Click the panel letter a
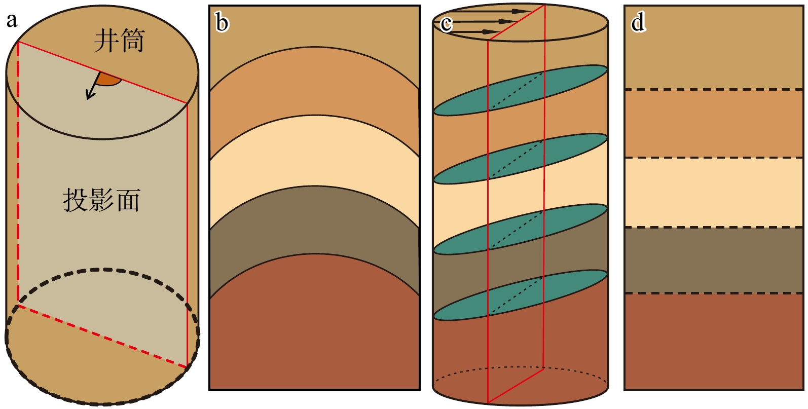pyautogui.click(x=11, y=21)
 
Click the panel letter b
pyautogui.click(x=222, y=23)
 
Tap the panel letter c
pyautogui.click(x=446, y=23)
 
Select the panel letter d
pyautogui.click(x=638, y=22)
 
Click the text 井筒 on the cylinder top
pyautogui.click(x=119, y=41)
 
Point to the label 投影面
pyautogui.click(x=101, y=200)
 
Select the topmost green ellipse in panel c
pyautogui.click(x=520, y=90)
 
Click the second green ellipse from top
pyautogui.click(x=520, y=159)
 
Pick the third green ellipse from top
pyautogui.click(x=520, y=229)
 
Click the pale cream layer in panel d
pyautogui.click(x=713, y=192)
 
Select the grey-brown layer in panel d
pyautogui.click(x=713, y=260)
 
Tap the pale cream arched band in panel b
pyautogui.click(x=314, y=152)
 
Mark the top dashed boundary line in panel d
pyautogui.click(x=713, y=90)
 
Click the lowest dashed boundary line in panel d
pyautogui.click(x=713, y=293)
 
